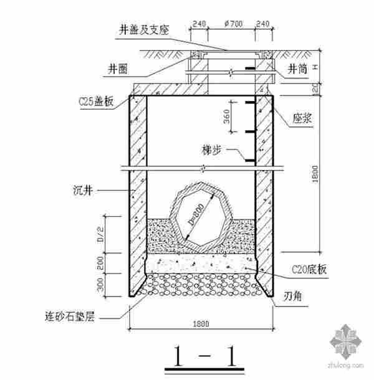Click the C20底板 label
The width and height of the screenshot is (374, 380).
310,270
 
